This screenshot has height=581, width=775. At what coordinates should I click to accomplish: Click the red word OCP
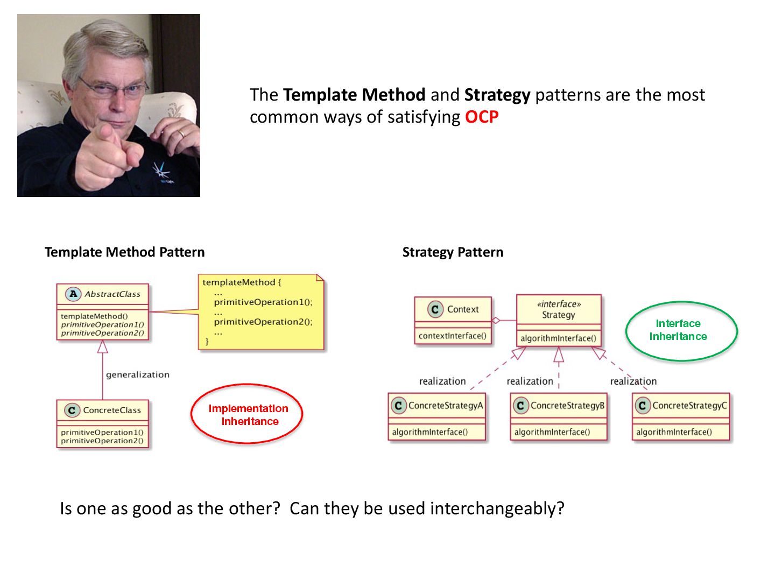[x=482, y=117]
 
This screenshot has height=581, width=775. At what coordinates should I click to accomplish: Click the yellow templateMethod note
[x=261, y=312]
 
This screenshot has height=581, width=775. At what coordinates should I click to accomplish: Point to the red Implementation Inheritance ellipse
[x=247, y=414]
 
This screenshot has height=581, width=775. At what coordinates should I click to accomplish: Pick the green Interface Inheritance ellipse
[x=681, y=330]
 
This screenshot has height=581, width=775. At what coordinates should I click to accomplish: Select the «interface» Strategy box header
[x=559, y=309]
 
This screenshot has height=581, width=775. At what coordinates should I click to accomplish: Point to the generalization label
[x=137, y=375]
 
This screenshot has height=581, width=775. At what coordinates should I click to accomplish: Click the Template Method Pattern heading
[x=124, y=252]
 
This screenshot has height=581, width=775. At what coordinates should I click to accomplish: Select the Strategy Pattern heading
[x=453, y=252]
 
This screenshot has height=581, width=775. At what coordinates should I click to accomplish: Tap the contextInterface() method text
[x=452, y=336]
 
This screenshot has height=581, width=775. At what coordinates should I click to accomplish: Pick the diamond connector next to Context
[x=496, y=321]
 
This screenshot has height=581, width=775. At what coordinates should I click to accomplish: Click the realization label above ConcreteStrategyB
[x=530, y=381]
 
